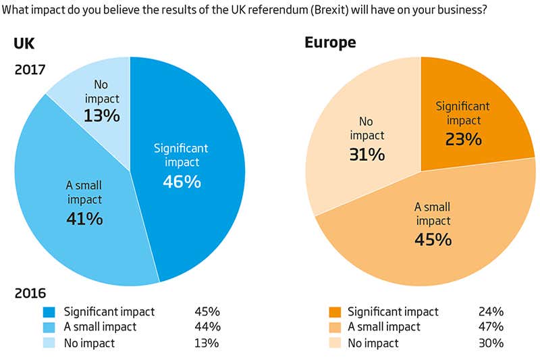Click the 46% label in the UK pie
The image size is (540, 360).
point(182,182)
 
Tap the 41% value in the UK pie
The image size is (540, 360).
point(84,218)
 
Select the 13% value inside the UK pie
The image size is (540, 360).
point(101,115)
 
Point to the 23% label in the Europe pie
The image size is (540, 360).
point(463,139)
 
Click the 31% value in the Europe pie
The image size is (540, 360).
point(367,155)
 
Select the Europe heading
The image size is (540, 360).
point(330,43)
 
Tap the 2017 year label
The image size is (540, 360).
point(29,69)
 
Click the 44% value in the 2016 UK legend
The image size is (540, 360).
point(206,327)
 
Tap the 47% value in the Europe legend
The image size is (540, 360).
point(491,327)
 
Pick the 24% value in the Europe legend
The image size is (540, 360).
point(491,312)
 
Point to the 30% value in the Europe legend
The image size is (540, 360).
point(491,342)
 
